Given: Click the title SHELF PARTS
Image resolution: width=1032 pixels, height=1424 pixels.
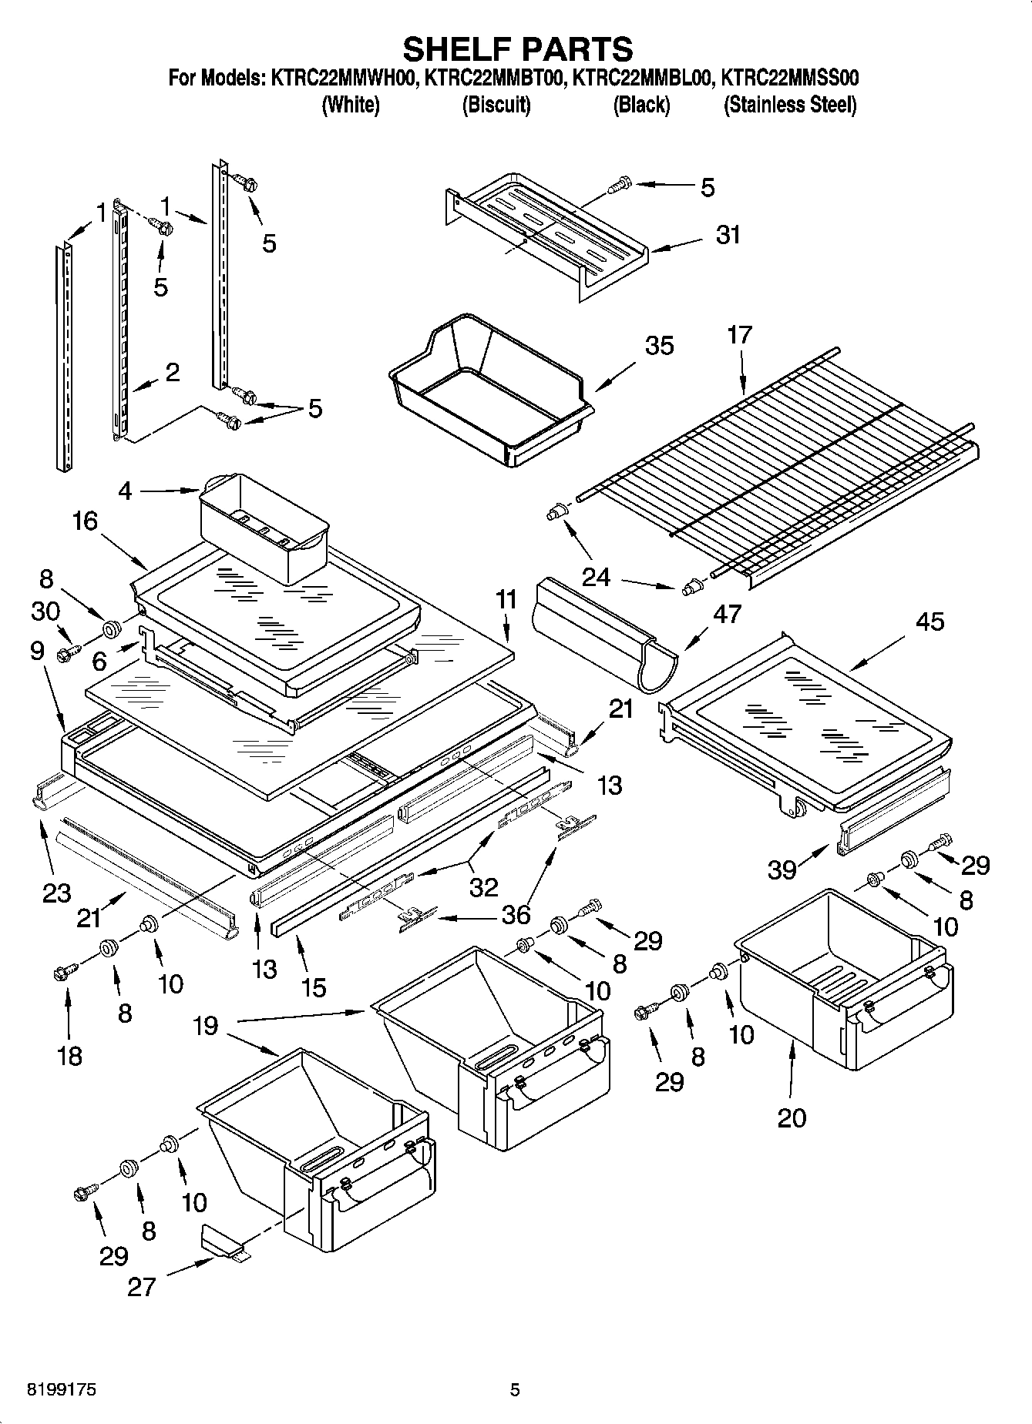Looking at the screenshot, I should click(x=517, y=49).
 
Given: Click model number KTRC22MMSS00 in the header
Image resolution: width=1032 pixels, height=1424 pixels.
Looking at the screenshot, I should click(x=789, y=78).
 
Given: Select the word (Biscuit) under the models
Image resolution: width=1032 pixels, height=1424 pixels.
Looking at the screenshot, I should click(x=496, y=105).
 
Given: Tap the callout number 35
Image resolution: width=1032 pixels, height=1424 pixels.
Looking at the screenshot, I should click(x=659, y=346).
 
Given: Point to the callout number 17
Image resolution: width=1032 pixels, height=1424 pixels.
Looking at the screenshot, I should click(x=739, y=335).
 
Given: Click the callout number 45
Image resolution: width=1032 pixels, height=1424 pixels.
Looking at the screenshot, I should click(x=929, y=621).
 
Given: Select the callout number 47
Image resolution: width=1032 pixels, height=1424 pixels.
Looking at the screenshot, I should click(x=727, y=614).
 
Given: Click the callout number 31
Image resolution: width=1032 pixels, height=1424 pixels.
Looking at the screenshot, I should click(x=728, y=234).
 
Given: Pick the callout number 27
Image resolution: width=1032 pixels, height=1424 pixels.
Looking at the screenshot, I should click(x=142, y=1286).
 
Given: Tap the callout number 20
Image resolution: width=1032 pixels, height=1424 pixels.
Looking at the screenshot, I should click(x=792, y=1117).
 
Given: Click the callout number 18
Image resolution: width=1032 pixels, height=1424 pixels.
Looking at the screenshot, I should click(x=69, y=1055).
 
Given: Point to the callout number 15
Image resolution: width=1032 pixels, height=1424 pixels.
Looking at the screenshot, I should click(x=314, y=987).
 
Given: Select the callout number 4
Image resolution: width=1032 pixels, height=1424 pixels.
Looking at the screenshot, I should click(x=126, y=491).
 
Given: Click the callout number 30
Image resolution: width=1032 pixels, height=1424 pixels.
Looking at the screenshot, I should click(x=45, y=611).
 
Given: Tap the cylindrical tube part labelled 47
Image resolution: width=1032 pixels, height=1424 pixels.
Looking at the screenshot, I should click(x=605, y=632).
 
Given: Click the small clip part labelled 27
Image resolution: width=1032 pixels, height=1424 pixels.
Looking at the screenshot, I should click(x=222, y=1241).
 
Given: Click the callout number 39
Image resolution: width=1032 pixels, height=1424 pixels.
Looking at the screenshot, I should click(x=782, y=869).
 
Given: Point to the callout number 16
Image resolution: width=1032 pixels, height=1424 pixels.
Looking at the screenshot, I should click(x=86, y=521).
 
